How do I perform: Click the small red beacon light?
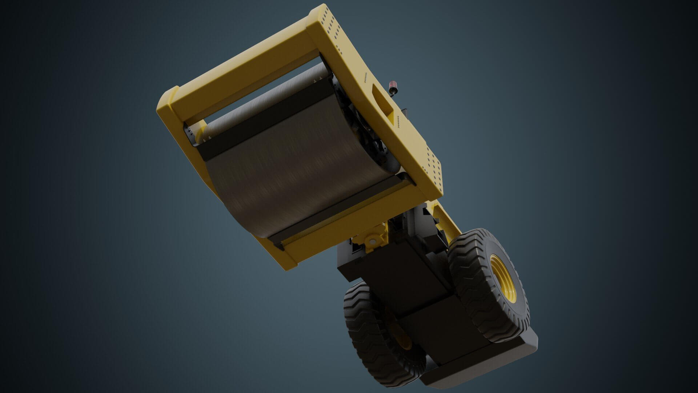pyautogui.click(x=392, y=87)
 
